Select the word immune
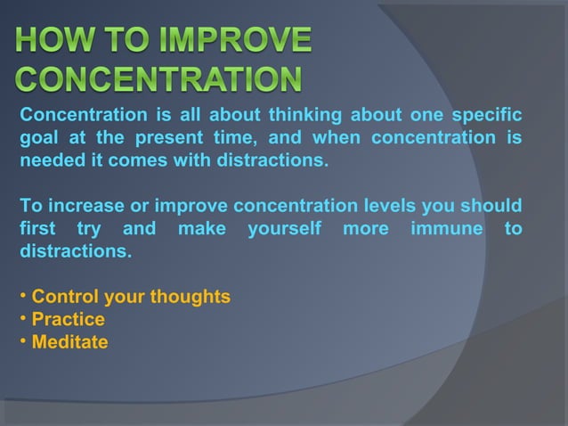click(442, 230)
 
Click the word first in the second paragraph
click(38, 230)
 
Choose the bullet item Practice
click(68, 319)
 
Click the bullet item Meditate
click(69, 342)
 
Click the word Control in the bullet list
click(64, 297)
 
